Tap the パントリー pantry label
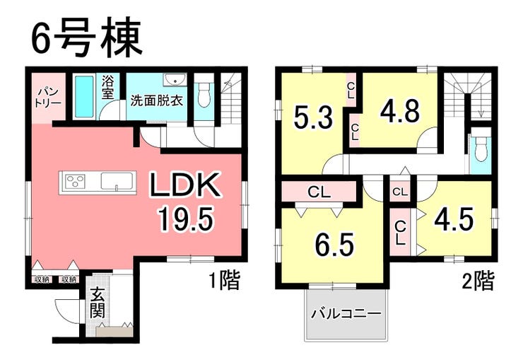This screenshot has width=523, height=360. point(49,97)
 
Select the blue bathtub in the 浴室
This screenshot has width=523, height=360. point(84,97)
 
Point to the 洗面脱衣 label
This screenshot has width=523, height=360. point(157,100)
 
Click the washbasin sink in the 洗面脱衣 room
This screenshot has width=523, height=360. point(175,81)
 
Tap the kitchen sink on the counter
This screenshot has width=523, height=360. point(118,182)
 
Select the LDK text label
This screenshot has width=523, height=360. point(185,185)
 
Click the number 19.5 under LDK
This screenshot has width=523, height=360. point(185,219)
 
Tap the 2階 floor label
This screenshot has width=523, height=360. point(478,281)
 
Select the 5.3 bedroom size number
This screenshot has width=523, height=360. point(313,117)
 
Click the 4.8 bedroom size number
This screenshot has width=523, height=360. point(400,111)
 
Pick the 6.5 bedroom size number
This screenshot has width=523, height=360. point(334,245)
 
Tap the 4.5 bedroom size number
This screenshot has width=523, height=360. point(454,220)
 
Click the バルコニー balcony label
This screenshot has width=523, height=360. point(346,314)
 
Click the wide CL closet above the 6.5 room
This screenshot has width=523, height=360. point(319,192)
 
